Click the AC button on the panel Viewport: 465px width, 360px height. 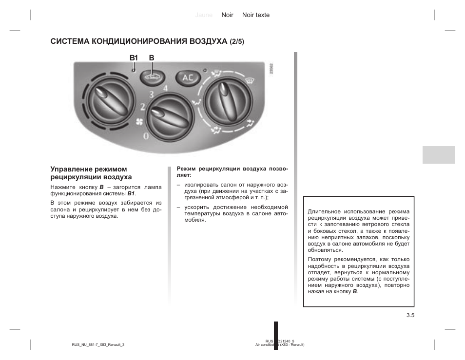click(x=188, y=77)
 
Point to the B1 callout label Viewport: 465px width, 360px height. click(x=134, y=58)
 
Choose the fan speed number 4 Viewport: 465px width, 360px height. click(x=166, y=88)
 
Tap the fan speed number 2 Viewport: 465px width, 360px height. click(x=143, y=107)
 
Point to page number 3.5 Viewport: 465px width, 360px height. click(x=409, y=315)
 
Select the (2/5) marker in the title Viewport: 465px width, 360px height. click(x=237, y=41)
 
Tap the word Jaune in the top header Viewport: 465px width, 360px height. click(x=204, y=15)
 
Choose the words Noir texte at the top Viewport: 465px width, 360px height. click(x=256, y=15)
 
